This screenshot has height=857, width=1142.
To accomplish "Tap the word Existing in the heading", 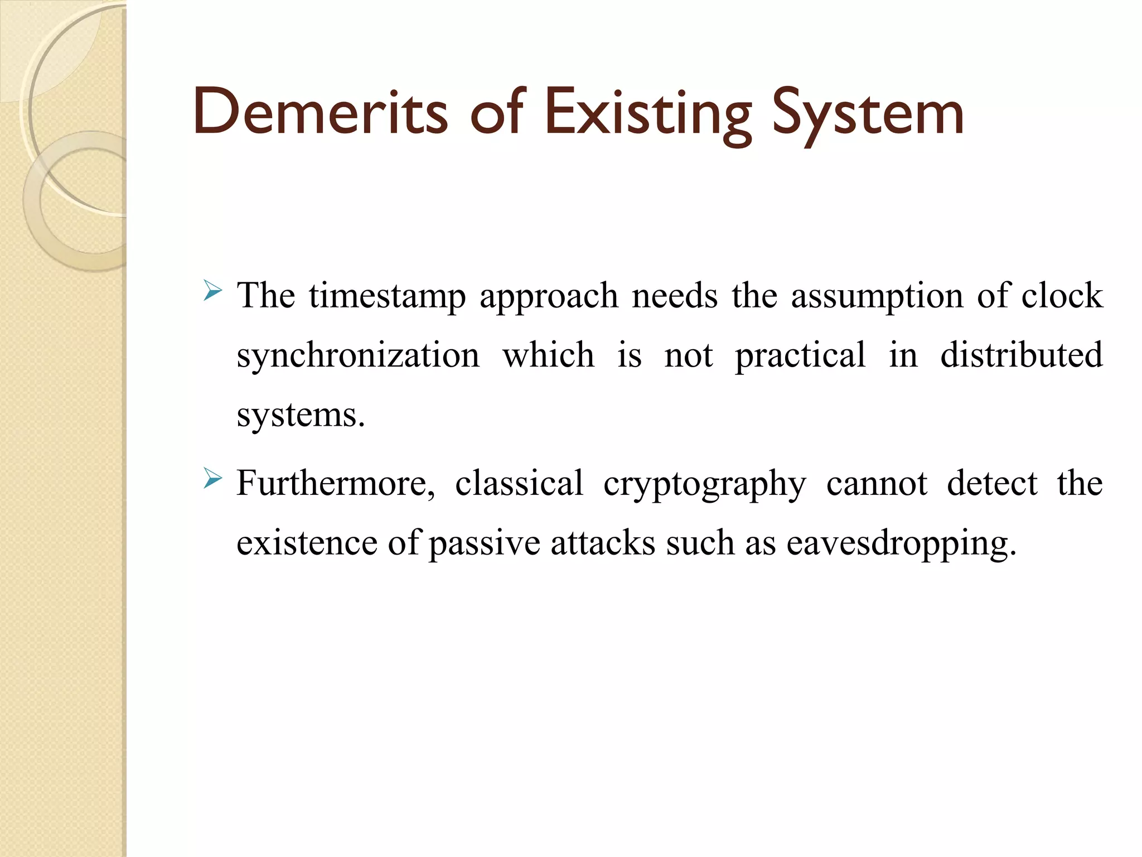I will coord(649,114).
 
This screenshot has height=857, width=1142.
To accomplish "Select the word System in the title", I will coord(868,114).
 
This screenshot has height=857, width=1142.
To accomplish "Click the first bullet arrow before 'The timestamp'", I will coord(213,291).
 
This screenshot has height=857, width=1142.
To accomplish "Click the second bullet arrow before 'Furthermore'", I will coord(213,479).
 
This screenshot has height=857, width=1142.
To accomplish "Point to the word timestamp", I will coord(387,296).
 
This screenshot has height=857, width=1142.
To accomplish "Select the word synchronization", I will coord(357,356).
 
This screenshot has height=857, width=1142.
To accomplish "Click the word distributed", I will coord(1021,355).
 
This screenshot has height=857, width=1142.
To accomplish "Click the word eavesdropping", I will coord(901,543).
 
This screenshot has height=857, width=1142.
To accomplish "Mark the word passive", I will coord(484,543).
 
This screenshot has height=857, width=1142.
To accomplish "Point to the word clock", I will coord(1062,296).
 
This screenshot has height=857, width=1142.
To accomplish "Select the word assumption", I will coord(877,297).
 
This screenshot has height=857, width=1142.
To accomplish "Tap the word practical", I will coord(800,356).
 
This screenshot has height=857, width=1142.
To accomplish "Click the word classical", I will coord(519,483).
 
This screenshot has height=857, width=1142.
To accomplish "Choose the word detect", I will coord(991,483).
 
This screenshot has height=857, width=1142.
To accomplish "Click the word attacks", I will coord(602,543).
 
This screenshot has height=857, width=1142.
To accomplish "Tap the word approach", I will coord(549,297).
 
